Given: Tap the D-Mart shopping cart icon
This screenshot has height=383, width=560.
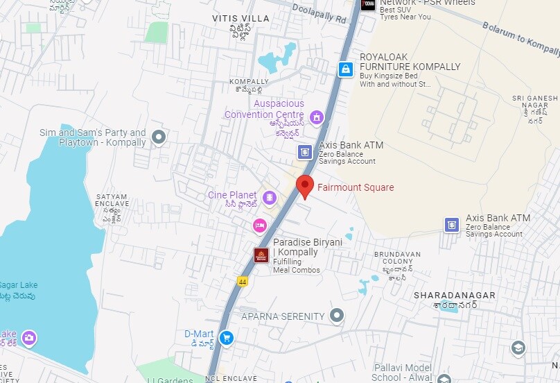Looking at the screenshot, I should [x=226, y=338].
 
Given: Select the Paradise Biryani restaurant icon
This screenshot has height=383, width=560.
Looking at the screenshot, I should [x=261, y=256].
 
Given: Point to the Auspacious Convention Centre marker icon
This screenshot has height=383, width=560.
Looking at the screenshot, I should [x=317, y=117].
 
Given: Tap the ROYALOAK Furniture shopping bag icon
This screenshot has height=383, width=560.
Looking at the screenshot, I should [x=346, y=69].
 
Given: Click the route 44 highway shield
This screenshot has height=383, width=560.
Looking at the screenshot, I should [x=243, y=282].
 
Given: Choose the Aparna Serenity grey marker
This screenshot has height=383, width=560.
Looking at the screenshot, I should [x=337, y=316].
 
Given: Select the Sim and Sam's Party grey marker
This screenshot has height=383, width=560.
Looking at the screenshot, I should [x=159, y=137].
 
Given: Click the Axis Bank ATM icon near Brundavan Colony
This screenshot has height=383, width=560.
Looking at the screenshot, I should [x=452, y=225].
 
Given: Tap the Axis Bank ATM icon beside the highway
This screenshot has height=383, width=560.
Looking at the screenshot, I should [x=305, y=152].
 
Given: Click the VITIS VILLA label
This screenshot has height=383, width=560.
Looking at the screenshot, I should [x=239, y=17].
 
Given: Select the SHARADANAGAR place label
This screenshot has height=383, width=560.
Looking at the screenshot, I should [x=455, y=296].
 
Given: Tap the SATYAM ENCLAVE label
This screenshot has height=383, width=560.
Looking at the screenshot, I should [x=112, y=201].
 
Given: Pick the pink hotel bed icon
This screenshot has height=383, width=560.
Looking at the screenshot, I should [x=259, y=225].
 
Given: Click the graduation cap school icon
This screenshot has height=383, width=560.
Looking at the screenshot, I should [x=518, y=348].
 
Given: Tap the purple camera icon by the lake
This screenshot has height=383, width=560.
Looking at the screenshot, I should [x=29, y=338].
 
